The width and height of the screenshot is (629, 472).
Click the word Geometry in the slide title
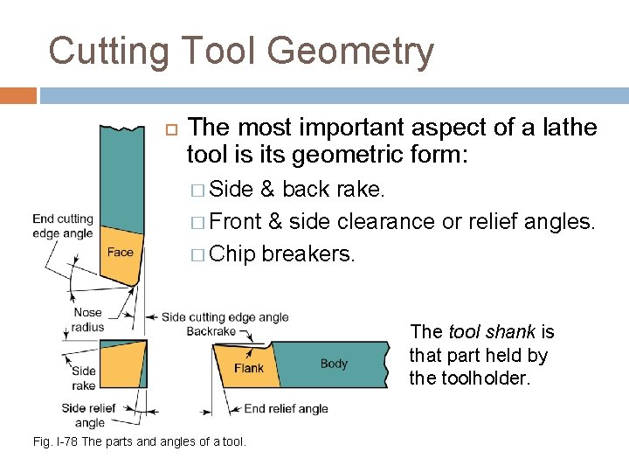click(x=350, y=52)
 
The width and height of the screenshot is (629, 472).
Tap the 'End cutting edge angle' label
click(x=63, y=225)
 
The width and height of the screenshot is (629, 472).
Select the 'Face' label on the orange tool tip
click(x=121, y=252)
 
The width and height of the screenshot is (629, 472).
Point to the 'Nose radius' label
click(x=87, y=319)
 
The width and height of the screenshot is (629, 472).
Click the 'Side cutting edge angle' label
click(x=225, y=317)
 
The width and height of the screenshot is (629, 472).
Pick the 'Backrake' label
click(x=212, y=332)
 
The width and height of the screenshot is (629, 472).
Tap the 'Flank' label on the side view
click(x=248, y=369)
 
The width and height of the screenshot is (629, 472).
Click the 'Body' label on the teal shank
click(x=334, y=364)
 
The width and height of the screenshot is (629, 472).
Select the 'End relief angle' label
click(x=286, y=408)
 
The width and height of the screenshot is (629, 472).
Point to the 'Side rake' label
click(x=84, y=378)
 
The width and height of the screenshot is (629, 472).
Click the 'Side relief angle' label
click(x=89, y=415)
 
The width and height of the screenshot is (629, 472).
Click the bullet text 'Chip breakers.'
click(x=283, y=253)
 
